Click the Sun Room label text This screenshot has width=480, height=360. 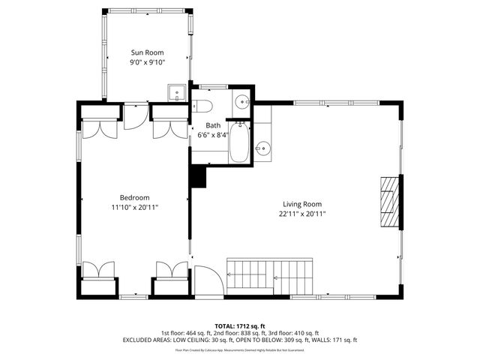tap(147, 52)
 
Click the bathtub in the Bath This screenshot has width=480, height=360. tap(239, 142)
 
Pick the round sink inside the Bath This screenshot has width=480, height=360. tap(242, 103)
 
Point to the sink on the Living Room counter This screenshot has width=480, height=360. tap(263, 148)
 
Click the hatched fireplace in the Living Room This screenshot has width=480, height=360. tap(389, 201)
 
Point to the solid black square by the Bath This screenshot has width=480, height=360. tap(198, 177)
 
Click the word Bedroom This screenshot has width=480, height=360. tap(135, 198)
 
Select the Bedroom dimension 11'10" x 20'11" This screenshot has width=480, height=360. tap(135, 208)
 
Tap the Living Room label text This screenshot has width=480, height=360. tap(302, 204)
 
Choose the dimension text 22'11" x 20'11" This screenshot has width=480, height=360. tap(302, 214)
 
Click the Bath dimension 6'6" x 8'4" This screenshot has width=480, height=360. tap(213, 135)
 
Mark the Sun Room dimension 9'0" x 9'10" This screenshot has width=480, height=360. tap(147, 62)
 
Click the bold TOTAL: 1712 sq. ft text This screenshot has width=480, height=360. tap(239, 325)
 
